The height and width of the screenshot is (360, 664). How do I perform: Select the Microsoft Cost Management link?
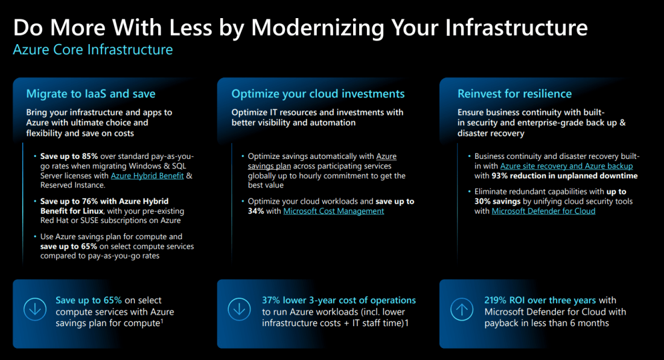tap(333, 211)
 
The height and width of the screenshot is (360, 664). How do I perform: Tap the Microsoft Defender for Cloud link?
tap(543, 211)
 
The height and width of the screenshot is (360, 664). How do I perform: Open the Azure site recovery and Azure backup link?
tap(566, 166)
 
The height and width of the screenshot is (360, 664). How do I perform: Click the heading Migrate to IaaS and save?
tap(91, 94)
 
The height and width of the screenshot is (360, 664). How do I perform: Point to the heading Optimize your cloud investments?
tap(318, 94)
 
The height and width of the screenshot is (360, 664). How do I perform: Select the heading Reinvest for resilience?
tap(514, 94)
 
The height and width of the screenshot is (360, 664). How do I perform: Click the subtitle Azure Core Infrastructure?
tap(93, 50)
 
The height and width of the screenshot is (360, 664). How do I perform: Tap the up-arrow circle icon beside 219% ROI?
tap(462, 310)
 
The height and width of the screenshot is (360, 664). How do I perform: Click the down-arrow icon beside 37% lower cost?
tap(239, 310)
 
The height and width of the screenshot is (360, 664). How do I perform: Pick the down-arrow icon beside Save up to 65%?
tap(34, 310)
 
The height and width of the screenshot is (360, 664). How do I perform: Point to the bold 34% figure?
tap(255, 211)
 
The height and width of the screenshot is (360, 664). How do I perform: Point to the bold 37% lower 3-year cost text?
tap(339, 300)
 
